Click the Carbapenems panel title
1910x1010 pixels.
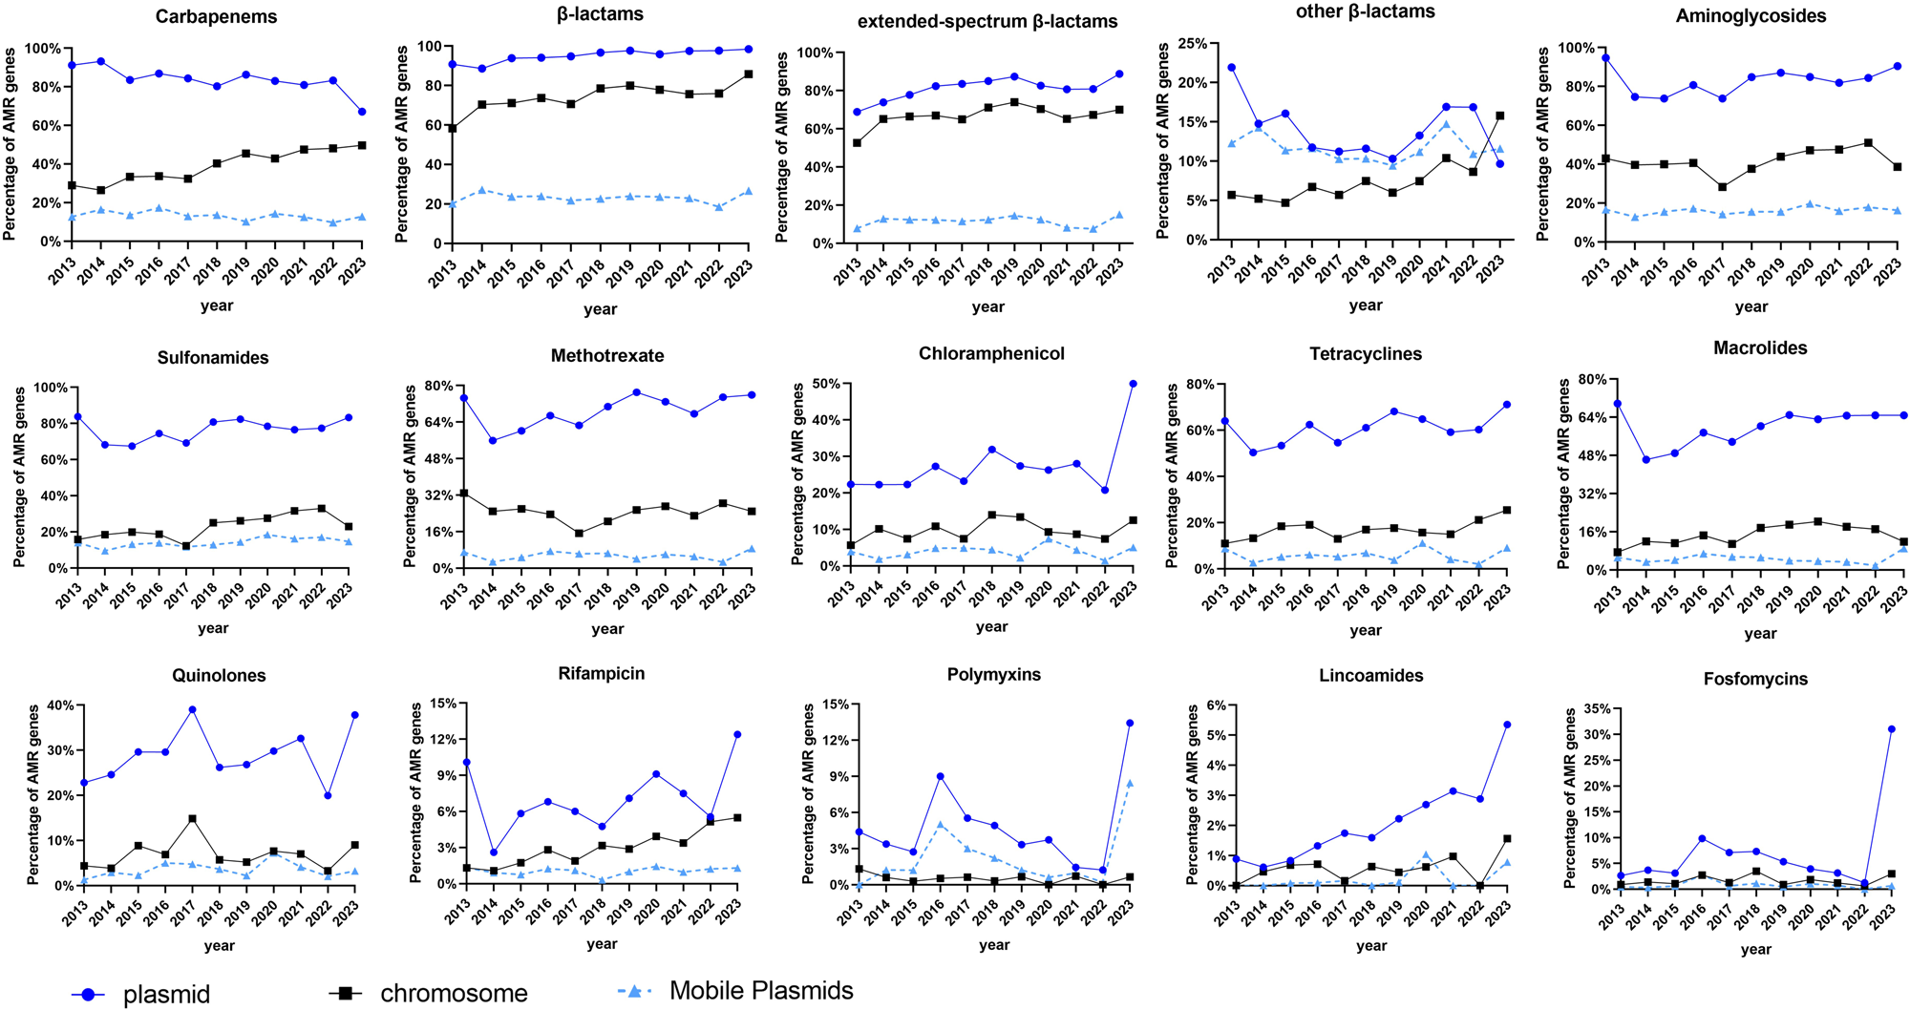[217, 17]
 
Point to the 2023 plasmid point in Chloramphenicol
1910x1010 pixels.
[1133, 384]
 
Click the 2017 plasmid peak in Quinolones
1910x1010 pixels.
[192, 709]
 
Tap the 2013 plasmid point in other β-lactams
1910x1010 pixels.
[1232, 68]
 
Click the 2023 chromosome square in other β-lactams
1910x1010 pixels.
[1499, 116]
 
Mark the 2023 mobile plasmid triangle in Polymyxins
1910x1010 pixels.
[1130, 784]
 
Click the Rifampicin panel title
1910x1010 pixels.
[602, 674]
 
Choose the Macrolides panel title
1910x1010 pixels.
[1760, 348]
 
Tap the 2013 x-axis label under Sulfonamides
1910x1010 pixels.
[68, 596]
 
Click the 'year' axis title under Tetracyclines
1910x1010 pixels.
[1366, 630]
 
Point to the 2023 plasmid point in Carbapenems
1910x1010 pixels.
[361, 112]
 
